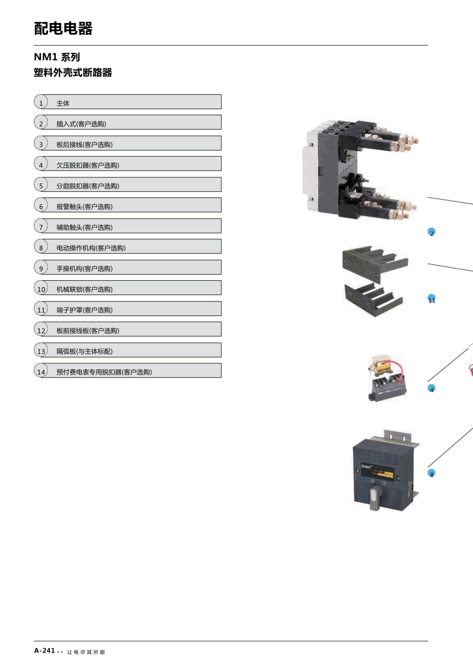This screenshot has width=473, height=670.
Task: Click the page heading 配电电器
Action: pos(63,29)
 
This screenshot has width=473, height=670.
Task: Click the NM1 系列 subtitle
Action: pos(57,57)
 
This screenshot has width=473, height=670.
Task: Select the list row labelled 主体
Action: pos(127,102)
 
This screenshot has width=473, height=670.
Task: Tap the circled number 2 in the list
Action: pos(41,123)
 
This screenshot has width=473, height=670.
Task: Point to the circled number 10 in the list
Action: pos(41,288)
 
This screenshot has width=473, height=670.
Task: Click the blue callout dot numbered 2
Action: pos(432,232)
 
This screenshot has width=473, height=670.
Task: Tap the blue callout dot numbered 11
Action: pos(432,299)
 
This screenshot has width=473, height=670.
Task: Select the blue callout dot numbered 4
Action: pos(432,388)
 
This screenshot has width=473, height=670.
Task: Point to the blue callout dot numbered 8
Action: pos(432,473)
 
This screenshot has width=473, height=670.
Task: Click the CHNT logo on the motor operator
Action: pos(366,467)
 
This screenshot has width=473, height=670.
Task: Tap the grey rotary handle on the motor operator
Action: pos(374,498)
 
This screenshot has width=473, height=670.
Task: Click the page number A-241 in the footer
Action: pos(44,651)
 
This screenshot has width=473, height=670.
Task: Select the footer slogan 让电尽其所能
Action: pos(86,652)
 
